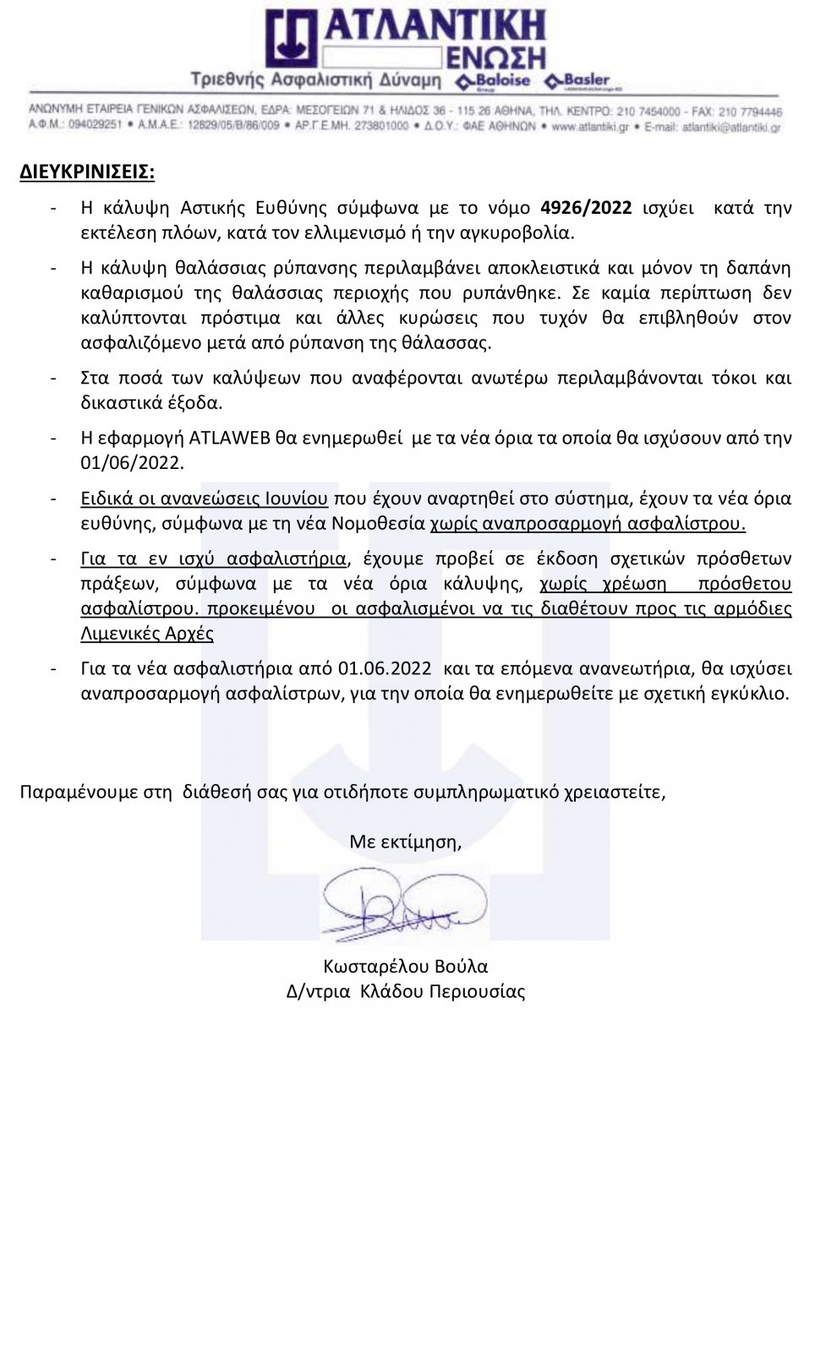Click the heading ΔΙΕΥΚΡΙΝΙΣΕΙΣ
[x=87, y=172]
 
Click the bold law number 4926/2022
[x=586, y=208]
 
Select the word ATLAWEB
[x=228, y=438]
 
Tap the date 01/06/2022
[x=131, y=463]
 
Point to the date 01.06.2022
[x=385, y=668]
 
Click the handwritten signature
[x=404, y=905]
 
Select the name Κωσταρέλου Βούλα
[x=405, y=967]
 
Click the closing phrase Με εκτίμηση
[x=405, y=842]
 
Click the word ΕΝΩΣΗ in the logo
[x=495, y=58]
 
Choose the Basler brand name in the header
[x=585, y=80]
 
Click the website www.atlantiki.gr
[x=590, y=126]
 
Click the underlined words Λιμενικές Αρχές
[x=146, y=634]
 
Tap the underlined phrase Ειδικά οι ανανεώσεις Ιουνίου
[x=204, y=499]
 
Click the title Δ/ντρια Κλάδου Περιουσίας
[x=405, y=992]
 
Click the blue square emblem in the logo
[x=292, y=38]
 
